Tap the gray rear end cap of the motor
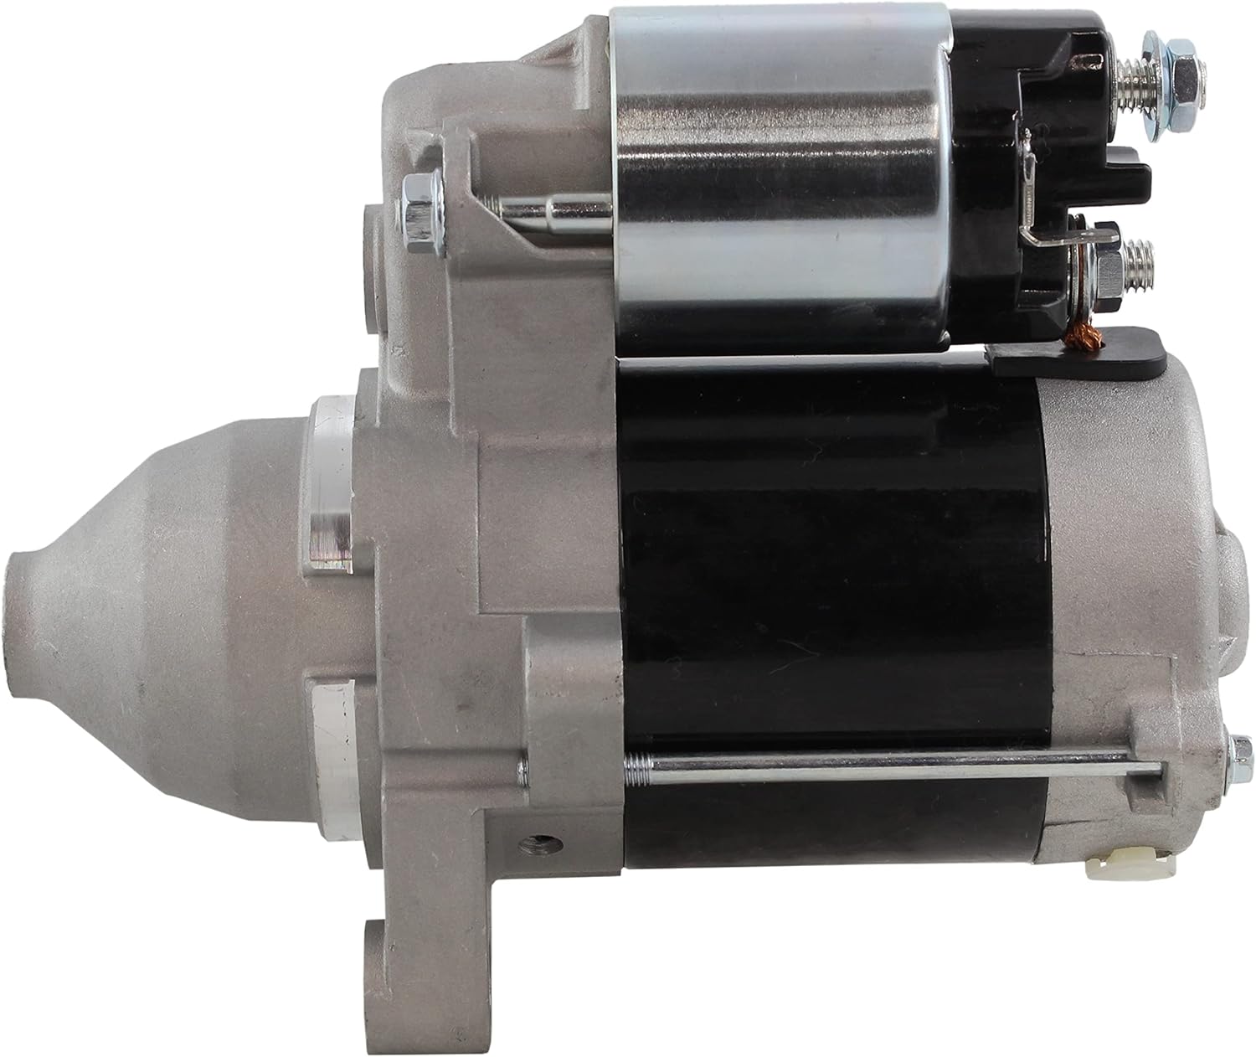pos(1122,544)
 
